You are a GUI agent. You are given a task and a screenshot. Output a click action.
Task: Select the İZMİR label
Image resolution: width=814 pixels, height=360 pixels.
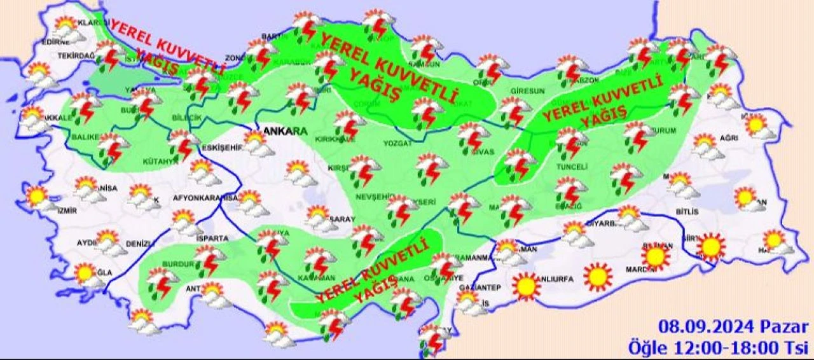pyautogui.click(x=67, y=211)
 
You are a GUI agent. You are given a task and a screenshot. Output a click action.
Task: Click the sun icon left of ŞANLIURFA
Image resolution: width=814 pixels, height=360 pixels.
pyautogui.click(x=526, y=286)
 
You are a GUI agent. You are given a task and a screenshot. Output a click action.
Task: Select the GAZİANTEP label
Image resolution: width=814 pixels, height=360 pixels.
pyautogui.click(x=479, y=288)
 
